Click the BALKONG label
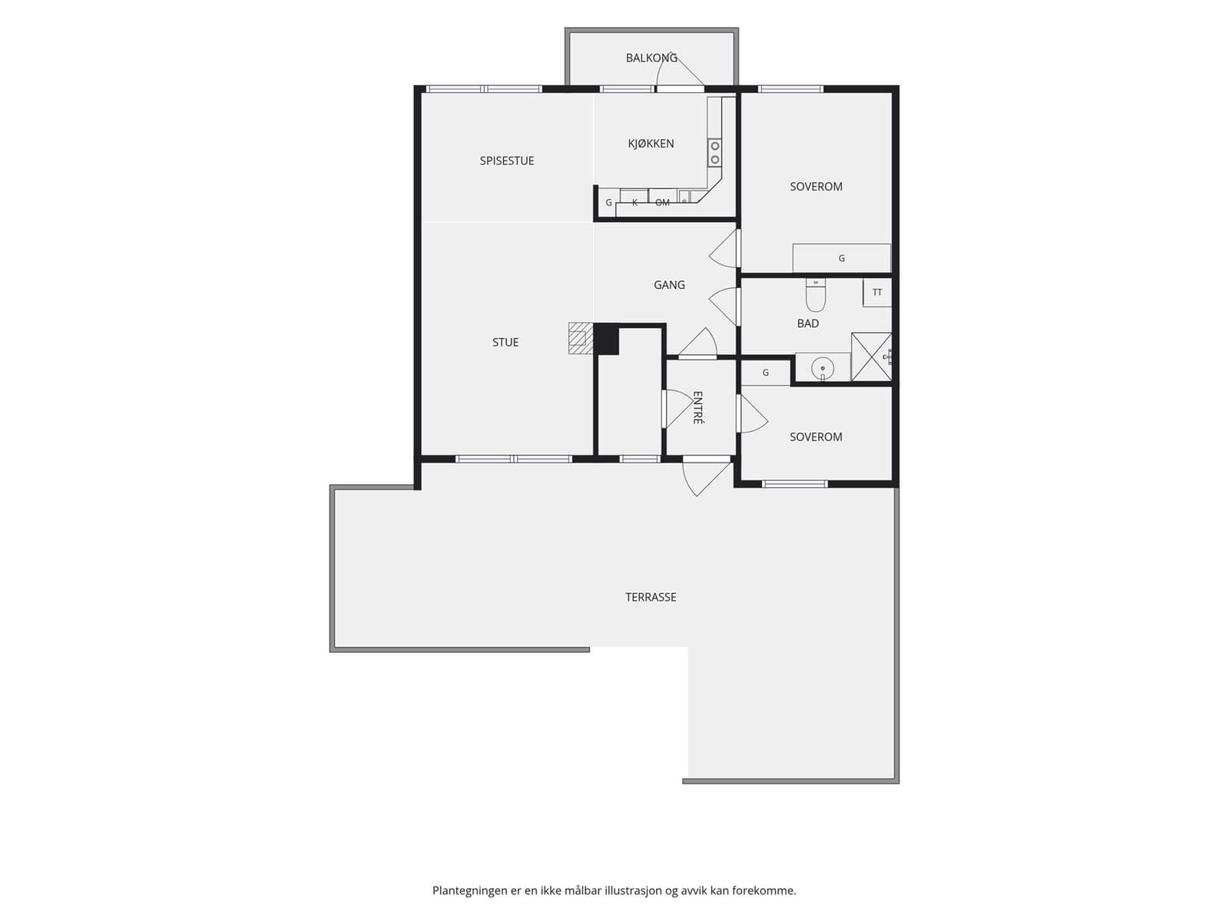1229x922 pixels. pos(651,58)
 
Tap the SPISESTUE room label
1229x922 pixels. pos(507,161)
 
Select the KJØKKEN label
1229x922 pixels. pos(651,144)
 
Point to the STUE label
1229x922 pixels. pos(505,343)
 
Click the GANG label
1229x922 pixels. pos(669,285)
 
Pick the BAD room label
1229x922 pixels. pos(807,323)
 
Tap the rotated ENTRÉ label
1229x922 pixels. pos(697,407)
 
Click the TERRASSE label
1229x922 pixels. pos(651,597)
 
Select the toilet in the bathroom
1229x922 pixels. pos(815,294)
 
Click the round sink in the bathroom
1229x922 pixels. pos(823,368)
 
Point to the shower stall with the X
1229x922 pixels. pos(871,357)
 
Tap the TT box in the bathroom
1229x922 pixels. pos(877,292)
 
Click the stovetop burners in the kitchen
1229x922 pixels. pos(714,154)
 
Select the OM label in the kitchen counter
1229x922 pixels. pos(662,203)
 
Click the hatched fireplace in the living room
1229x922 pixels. pos(581,338)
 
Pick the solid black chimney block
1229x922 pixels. pos(606,340)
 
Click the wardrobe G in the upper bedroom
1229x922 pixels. pos(841,258)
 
